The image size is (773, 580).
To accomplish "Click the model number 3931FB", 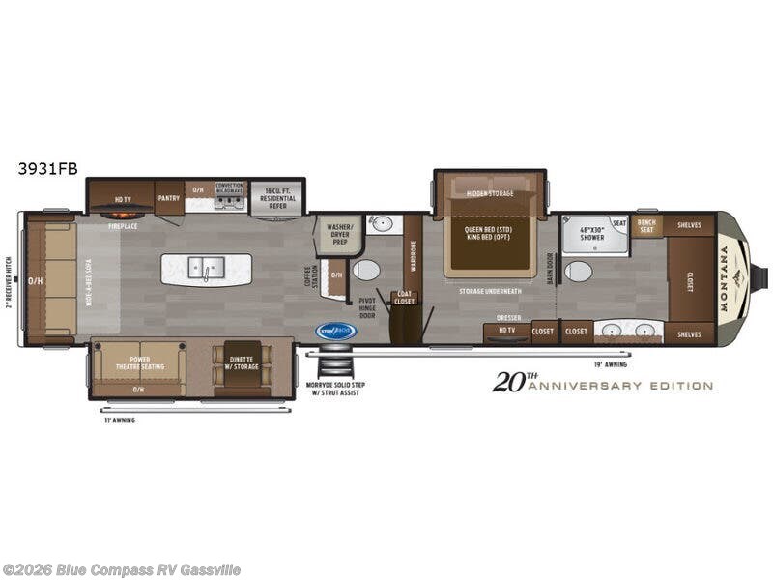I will [47, 167].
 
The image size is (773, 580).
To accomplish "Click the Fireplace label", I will [122, 225].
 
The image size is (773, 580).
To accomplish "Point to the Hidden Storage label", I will [490, 193].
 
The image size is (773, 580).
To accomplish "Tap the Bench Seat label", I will [645, 226].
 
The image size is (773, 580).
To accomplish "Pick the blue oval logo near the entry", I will [336, 331].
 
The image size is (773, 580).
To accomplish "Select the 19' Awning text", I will [610, 364].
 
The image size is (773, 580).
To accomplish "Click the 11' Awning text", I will [120, 420].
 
